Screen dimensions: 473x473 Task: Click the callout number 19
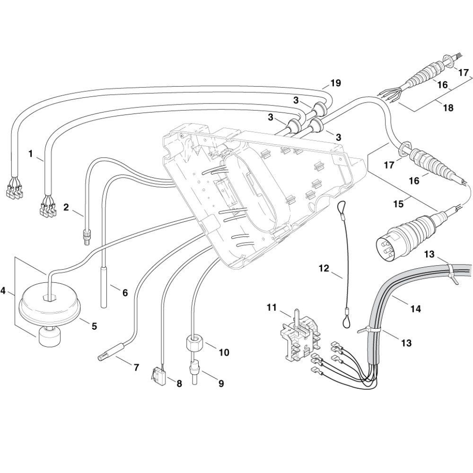click(335, 84)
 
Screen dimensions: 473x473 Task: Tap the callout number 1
click(31, 154)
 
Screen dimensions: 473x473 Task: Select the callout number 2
click(66, 207)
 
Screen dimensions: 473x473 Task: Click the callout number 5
click(94, 326)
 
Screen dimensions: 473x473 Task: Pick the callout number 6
click(125, 293)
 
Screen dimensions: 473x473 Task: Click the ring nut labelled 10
click(194, 342)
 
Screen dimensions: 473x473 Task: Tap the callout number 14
click(415, 310)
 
